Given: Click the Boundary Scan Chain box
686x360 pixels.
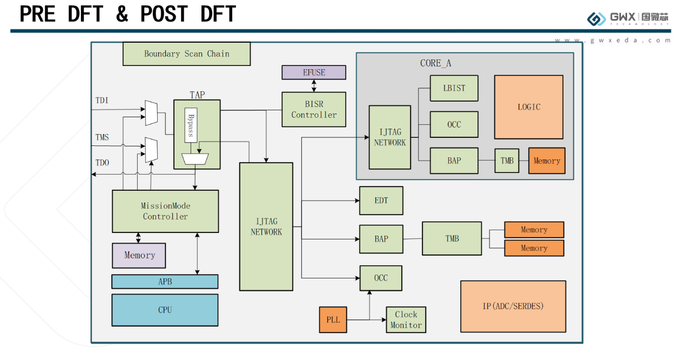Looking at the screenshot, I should (x=186, y=54).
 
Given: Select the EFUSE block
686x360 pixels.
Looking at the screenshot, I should (x=314, y=72).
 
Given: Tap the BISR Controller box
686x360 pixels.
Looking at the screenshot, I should (x=314, y=110).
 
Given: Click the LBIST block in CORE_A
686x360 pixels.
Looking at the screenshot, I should (x=454, y=88).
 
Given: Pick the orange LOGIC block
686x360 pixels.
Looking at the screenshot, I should (x=528, y=107).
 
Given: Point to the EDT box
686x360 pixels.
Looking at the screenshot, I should (x=381, y=201).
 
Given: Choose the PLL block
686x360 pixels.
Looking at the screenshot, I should (x=333, y=319).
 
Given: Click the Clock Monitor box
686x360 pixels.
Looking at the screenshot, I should (x=406, y=319).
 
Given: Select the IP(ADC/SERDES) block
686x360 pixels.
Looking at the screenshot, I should (x=513, y=306).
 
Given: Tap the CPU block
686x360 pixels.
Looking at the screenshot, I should (x=165, y=310).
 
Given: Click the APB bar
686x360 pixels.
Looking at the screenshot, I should (x=165, y=282).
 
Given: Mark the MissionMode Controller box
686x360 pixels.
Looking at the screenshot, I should (x=165, y=211).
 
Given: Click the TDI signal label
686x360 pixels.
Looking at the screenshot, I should (x=102, y=101).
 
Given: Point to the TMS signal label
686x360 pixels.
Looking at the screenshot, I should (x=102, y=137).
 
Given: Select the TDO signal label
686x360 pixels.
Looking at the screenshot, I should (x=102, y=163).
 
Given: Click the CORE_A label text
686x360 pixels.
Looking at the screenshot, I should (x=435, y=63).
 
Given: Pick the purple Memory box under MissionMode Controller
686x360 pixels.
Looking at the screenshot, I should (x=139, y=256).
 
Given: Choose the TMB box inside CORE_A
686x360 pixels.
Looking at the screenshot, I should (x=507, y=161).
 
